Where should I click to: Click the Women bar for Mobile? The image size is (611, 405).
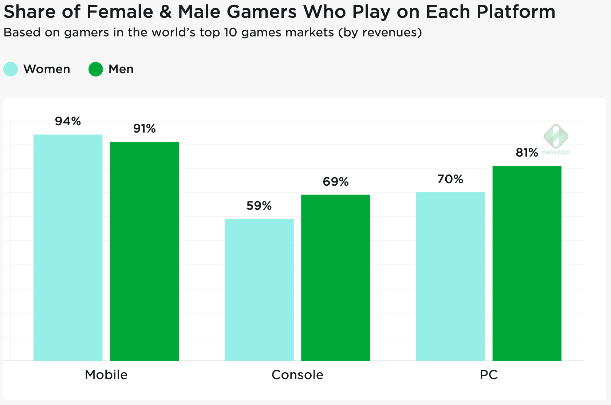68,248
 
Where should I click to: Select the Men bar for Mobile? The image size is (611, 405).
145,251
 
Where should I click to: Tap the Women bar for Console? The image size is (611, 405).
259,290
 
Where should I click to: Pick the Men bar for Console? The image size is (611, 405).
336,278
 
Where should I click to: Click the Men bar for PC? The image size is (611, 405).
527,263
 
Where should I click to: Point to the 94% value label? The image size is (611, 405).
68,121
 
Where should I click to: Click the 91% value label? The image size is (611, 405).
145,129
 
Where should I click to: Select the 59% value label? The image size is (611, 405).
259,206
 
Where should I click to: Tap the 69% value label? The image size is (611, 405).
336,182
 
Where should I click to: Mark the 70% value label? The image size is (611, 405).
450,179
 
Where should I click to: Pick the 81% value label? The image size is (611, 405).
527,153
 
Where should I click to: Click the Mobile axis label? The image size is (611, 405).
106,375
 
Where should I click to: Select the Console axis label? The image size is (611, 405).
297,375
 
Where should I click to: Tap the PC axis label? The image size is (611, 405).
489,375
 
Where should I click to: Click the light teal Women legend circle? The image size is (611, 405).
11,69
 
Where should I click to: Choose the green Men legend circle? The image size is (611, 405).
96,69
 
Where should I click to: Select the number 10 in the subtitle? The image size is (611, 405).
230,33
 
